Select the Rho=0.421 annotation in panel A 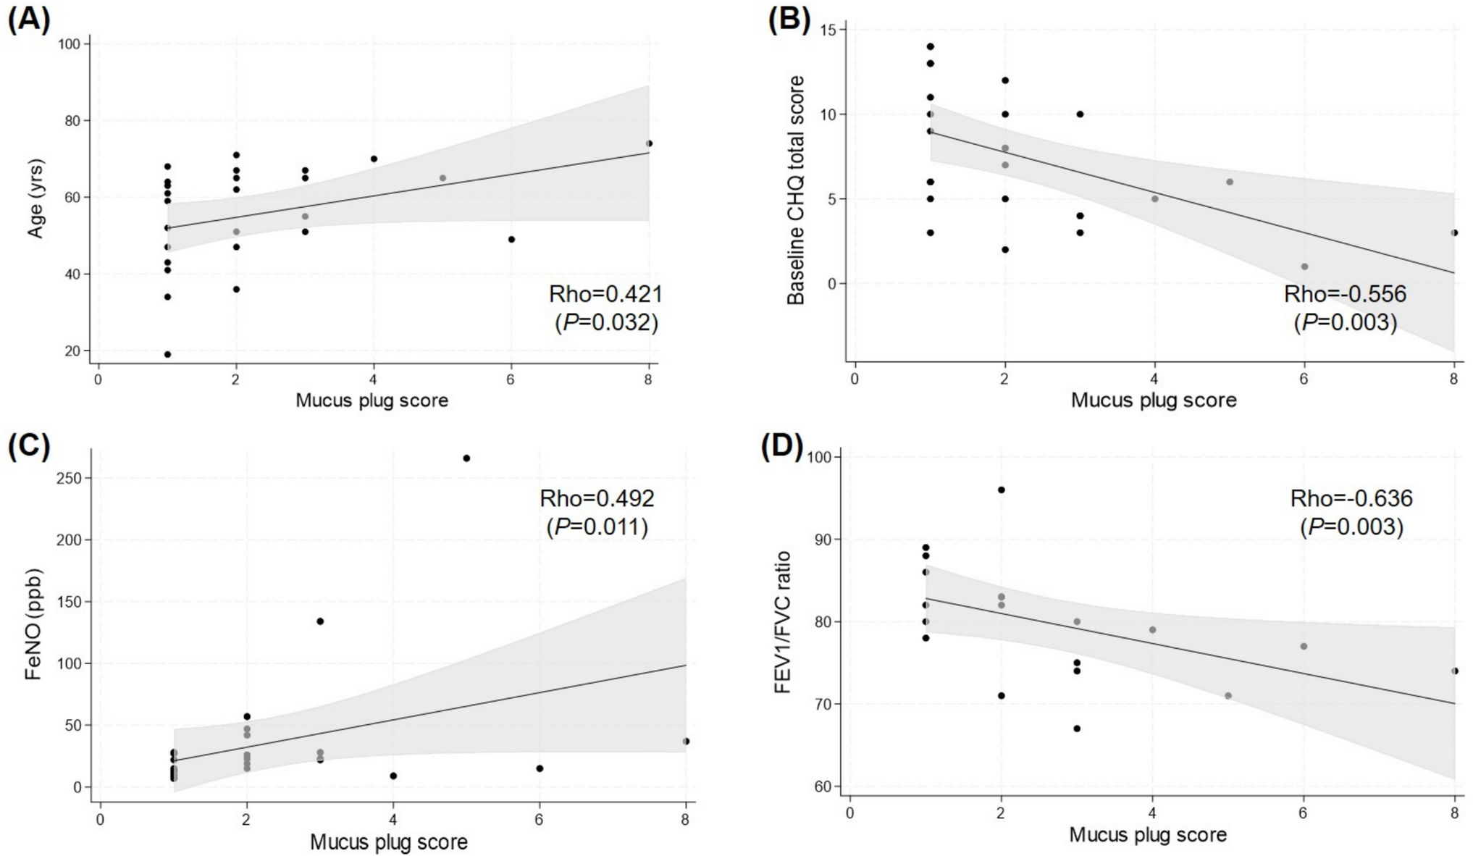605,294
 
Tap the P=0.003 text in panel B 1346,322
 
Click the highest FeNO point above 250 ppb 466,458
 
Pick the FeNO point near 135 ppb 320,621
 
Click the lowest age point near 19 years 167,354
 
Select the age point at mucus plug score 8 649,143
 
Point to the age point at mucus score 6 511,239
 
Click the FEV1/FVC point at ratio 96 1002,490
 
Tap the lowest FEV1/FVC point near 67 1077,729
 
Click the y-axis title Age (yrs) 35,198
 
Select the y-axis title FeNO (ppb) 32,624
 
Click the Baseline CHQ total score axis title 795,190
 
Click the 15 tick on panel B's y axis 827,30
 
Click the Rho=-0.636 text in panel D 1351,498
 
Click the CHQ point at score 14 930,46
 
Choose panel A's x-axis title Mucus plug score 372,400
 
